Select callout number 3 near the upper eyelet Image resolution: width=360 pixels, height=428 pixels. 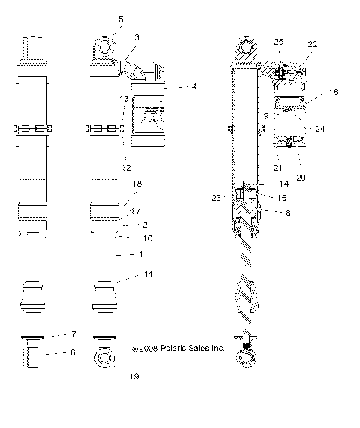(136, 37)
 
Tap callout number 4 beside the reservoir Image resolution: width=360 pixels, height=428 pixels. (193, 87)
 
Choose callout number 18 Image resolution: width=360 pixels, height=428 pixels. (136, 183)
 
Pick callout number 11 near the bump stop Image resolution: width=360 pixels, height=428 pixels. (148, 275)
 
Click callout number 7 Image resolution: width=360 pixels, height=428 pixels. (74, 334)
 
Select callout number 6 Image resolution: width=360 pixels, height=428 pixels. (72, 351)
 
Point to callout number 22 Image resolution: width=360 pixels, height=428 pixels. (313, 44)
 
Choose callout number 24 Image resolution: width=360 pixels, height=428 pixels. (320, 129)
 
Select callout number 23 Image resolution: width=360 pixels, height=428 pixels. (217, 197)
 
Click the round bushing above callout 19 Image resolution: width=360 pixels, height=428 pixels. (105, 358)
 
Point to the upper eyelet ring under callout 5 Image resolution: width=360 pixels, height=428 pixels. (104, 46)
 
